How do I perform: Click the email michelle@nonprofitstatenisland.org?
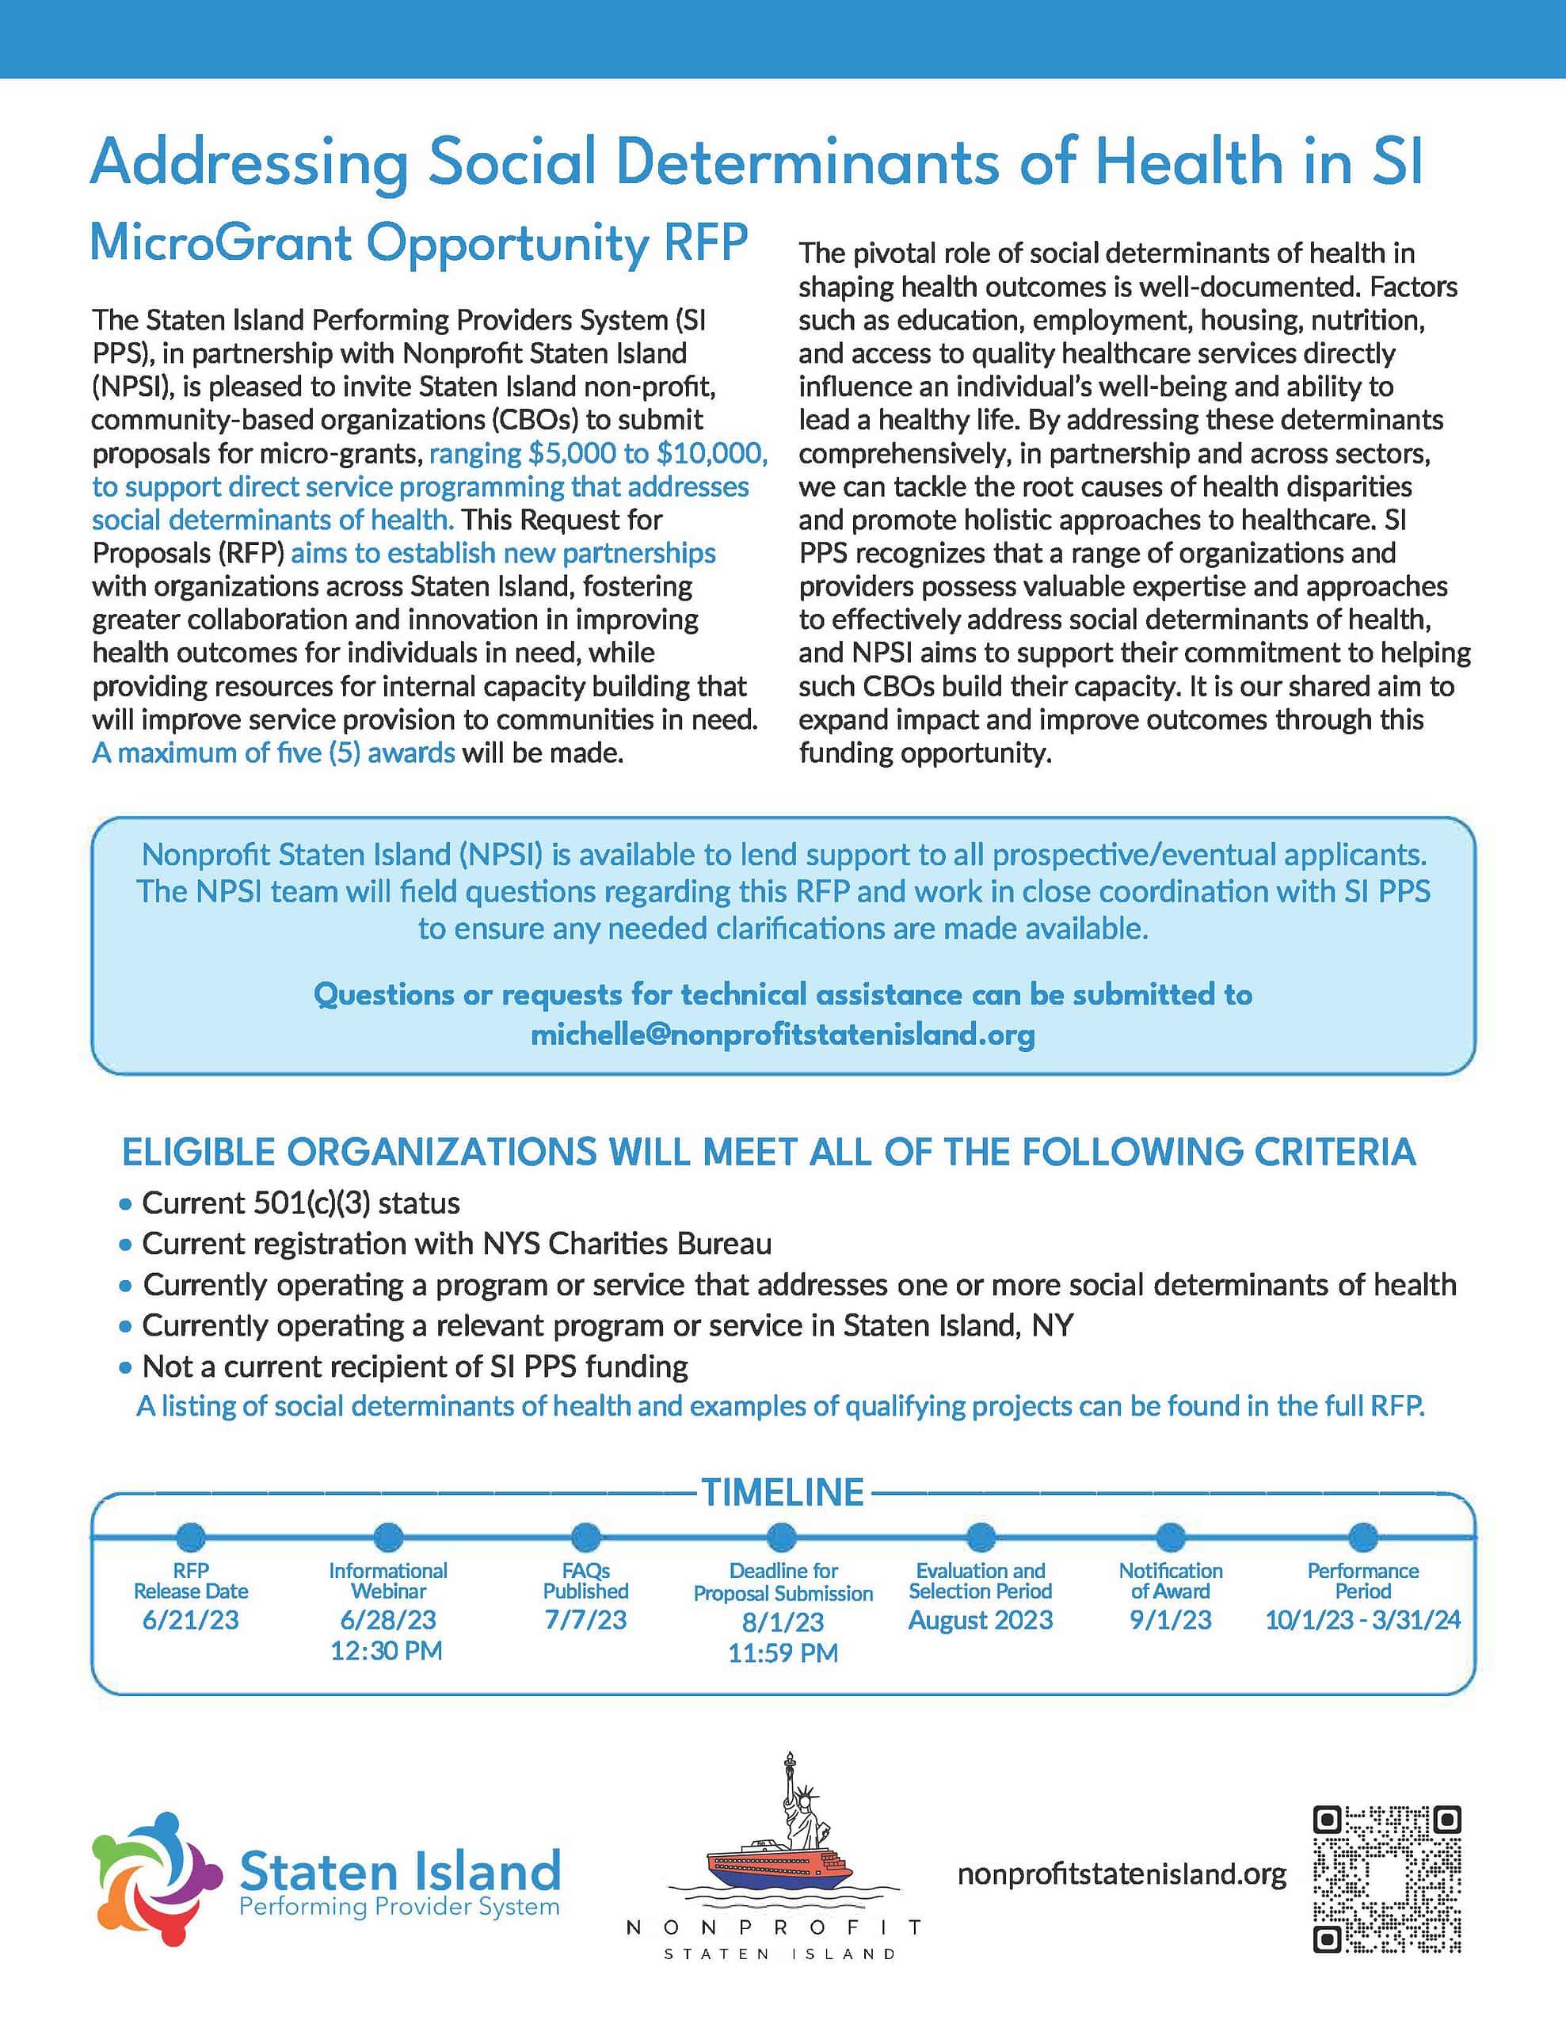click(x=782, y=1035)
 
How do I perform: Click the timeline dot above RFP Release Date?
click(x=190, y=1538)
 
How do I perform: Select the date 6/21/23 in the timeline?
click(x=190, y=1620)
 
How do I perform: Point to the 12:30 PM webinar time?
click(x=387, y=1651)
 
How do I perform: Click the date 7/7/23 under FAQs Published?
click(x=585, y=1620)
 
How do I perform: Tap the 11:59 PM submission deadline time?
click(x=783, y=1653)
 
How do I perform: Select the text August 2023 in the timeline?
click(x=981, y=1620)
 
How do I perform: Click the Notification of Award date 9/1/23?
click(x=1171, y=1620)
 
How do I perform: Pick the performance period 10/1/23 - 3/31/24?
click(x=1362, y=1620)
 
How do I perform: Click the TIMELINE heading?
click(x=782, y=1493)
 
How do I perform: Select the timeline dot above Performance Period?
click(x=1362, y=1538)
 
